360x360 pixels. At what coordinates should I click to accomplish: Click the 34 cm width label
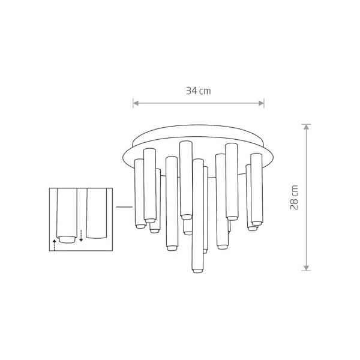click(x=199, y=91)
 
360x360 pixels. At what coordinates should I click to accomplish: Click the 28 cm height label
click(x=294, y=197)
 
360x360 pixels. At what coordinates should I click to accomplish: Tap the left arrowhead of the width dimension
click(x=136, y=103)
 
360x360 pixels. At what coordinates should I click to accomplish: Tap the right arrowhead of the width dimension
click(x=261, y=103)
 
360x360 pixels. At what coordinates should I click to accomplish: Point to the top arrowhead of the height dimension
click(x=306, y=127)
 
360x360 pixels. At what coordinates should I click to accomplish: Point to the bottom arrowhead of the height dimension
click(x=306, y=268)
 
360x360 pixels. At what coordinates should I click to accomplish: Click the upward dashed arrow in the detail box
click(x=54, y=245)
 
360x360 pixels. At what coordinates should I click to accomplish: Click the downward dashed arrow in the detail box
click(x=81, y=236)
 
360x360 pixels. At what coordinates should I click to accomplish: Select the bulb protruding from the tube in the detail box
click(x=67, y=239)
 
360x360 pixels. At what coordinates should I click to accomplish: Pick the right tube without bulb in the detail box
click(x=97, y=213)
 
